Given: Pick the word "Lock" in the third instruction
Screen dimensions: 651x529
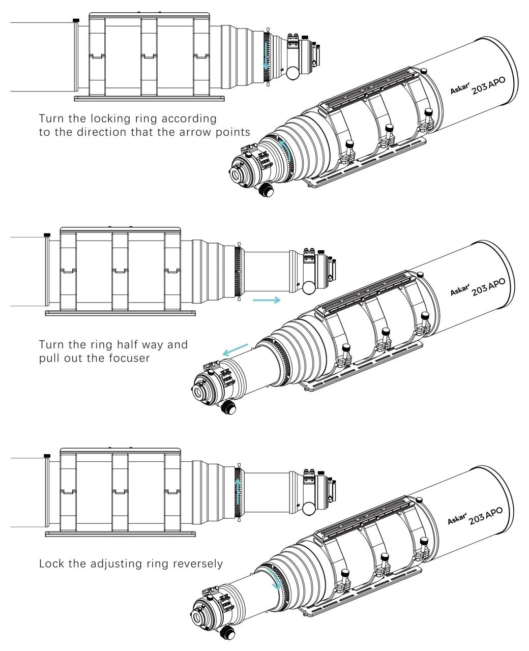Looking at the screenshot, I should click(51, 564).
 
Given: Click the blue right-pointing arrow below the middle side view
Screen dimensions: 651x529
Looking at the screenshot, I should click(267, 300).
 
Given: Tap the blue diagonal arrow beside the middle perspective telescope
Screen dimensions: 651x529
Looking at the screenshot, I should click(235, 350).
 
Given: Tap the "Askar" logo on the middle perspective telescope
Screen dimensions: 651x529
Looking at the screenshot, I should click(459, 291).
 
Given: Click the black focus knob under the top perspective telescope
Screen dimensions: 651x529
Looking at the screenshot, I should click(266, 190).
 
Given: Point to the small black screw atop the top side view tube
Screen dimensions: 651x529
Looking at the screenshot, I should click(76, 20).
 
